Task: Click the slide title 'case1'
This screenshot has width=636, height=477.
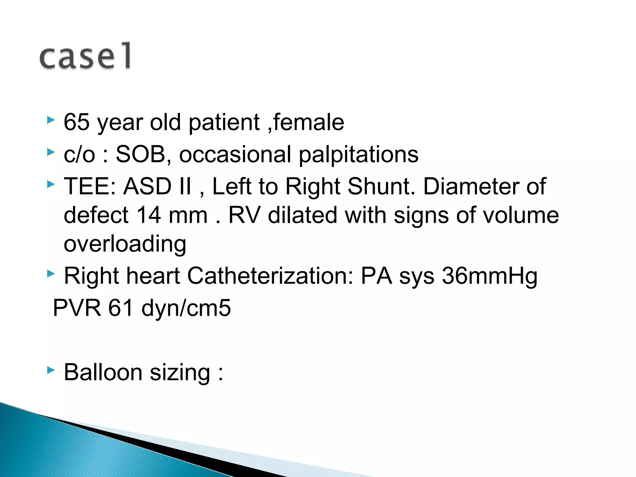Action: click(85, 56)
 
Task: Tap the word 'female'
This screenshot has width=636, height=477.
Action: click(309, 122)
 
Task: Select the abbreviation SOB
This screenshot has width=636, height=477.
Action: click(140, 154)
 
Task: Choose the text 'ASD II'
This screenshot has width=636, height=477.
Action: click(157, 187)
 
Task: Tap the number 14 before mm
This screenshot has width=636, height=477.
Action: click(148, 215)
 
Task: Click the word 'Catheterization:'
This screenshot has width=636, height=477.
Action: click(270, 276)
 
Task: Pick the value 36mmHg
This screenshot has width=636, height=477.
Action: click(489, 276)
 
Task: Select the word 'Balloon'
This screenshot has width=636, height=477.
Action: click(103, 372)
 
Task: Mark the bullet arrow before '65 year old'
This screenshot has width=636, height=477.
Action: click(51, 120)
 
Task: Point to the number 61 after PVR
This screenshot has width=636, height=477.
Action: click(121, 308)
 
